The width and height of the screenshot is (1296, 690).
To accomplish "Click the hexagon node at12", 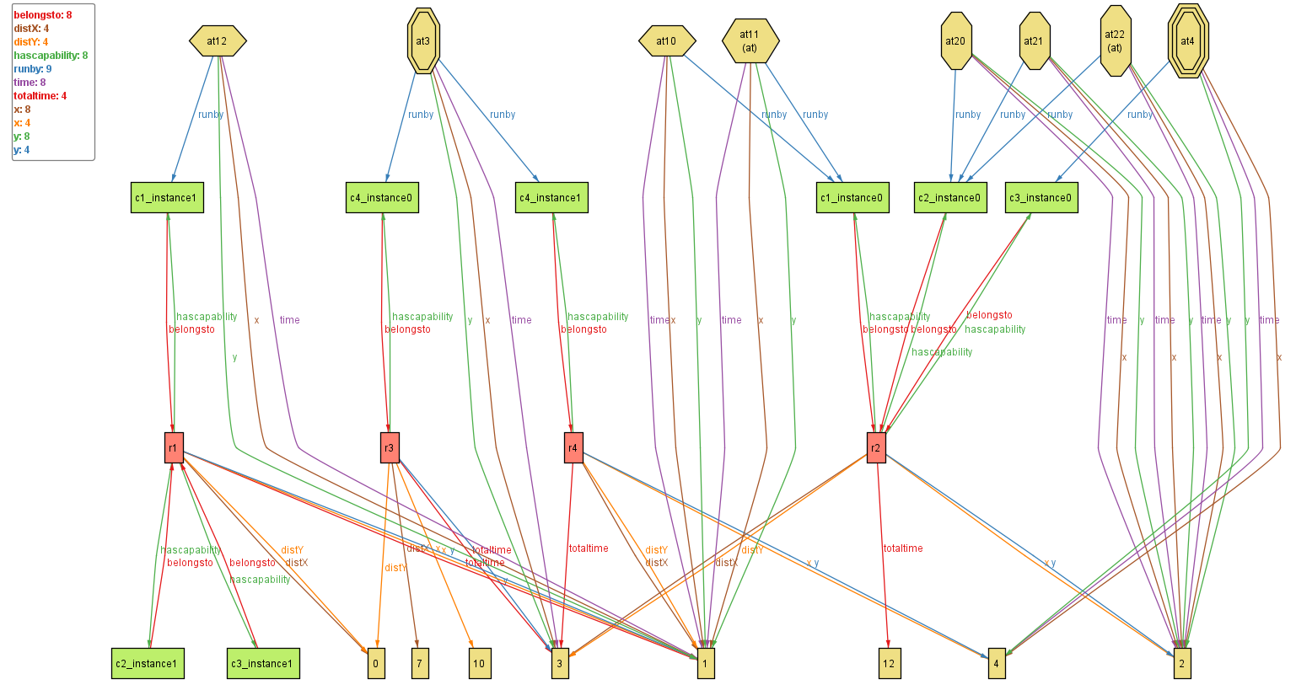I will click(218, 40).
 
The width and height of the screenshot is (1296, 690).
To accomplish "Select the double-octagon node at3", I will click(422, 40).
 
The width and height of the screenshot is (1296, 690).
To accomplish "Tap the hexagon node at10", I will click(666, 40).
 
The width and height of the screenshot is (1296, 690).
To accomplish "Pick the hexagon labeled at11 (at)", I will click(750, 40).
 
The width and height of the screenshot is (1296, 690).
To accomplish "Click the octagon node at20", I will click(955, 40).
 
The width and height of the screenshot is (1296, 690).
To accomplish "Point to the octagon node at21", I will click(1034, 40).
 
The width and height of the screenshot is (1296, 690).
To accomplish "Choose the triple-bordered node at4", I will click(1187, 40).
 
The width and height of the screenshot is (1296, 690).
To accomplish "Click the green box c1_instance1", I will click(167, 198).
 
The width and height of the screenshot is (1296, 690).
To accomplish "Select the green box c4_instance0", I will click(383, 198).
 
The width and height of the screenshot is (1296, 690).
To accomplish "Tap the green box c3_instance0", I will click(1041, 198).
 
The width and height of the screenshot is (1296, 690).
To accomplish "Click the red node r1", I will click(174, 447).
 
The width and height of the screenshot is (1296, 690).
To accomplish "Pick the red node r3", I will click(389, 447).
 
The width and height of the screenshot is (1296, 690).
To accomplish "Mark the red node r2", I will click(876, 447).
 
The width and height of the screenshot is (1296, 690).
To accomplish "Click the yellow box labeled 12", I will click(889, 663).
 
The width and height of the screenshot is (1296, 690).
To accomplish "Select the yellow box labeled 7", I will click(419, 663).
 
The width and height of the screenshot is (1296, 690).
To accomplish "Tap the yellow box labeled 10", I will click(479, 663).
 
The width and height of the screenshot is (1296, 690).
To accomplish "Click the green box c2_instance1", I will click(148, 663).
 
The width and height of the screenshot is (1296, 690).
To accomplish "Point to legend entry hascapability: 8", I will click(51, 56).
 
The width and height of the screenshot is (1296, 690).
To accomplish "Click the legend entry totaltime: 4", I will click(40, 96).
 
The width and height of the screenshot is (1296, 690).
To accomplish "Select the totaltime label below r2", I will click(903, 548).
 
